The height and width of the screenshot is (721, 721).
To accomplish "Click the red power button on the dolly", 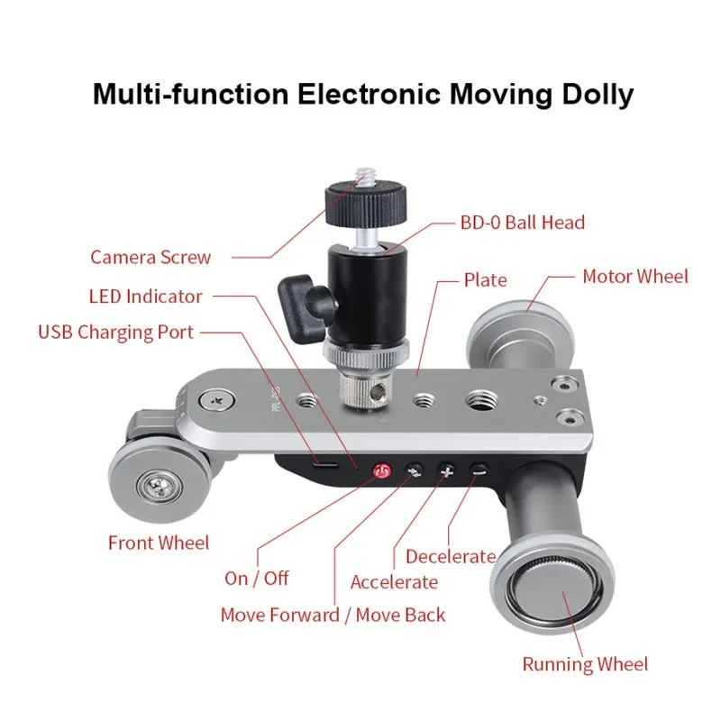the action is [x=381, y=470].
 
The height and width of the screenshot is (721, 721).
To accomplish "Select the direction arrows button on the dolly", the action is [x=414, y=470].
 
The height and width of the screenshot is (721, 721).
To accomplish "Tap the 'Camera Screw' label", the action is [x=151, y=257].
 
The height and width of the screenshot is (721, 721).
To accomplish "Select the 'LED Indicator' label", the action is [x=146, y=296].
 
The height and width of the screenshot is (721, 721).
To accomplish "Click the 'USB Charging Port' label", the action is [x=115, y=332].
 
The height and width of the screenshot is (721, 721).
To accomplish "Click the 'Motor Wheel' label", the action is [x=634, y=276].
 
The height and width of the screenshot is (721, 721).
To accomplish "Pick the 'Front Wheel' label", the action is [x=159, y=543].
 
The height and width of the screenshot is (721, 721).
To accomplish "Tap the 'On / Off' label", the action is [x=257, y=578].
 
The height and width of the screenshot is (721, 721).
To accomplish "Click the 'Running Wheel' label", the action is [x=585, y=664].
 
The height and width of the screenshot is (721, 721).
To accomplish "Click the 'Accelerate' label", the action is [x=394, y=582].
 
